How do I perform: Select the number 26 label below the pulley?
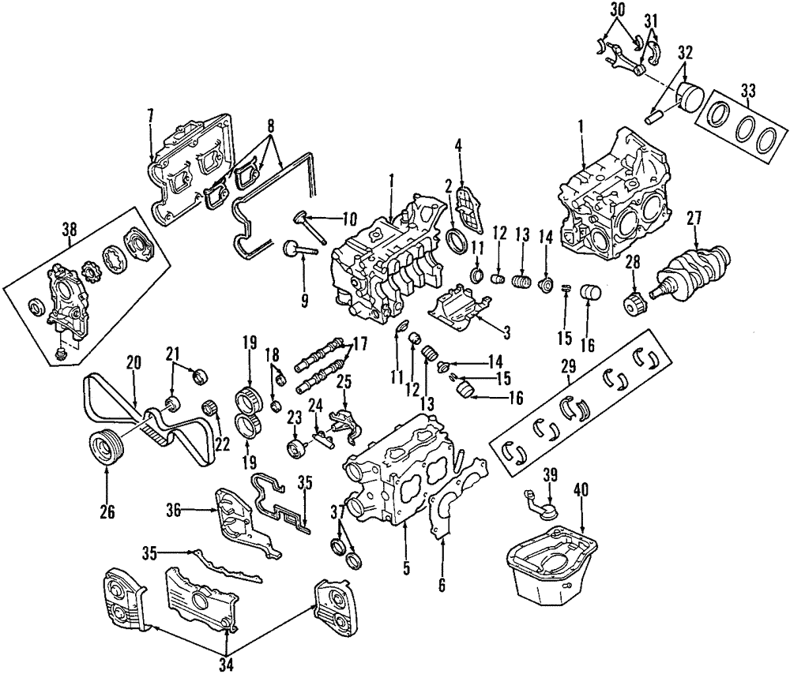(x=107, y=511)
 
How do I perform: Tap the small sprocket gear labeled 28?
(x=634, y=303)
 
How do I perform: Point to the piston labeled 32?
(x=686, y=98)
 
